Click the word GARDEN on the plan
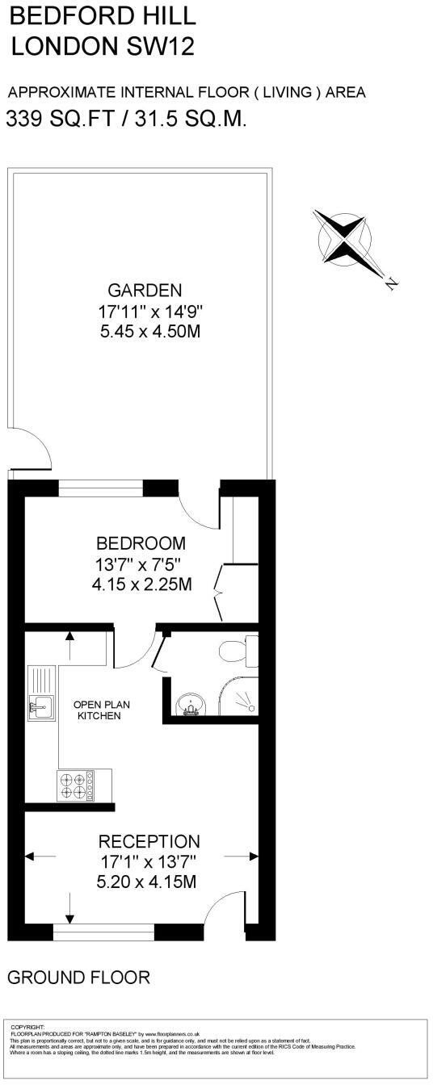(x=145, y=290)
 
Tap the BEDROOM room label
(x=141, y=543)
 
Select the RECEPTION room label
(x=149, y=842)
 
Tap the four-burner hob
(x=74, y=785)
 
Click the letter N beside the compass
(x=391, y=283)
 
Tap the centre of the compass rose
(x=345, y=237)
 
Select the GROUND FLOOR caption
(x=78, y=978)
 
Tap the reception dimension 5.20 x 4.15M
(x=146, y=882)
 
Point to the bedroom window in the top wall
(x=101, y=488)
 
